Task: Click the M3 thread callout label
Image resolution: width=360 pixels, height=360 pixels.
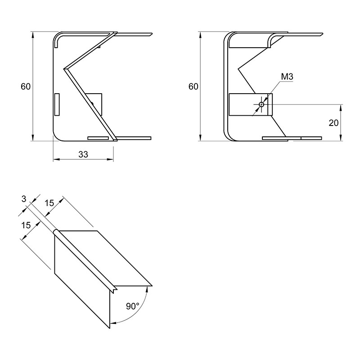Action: point(287,76)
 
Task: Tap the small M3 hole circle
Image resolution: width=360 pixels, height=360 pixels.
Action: point(261,105)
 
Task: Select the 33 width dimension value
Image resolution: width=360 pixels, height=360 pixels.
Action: point(83,154)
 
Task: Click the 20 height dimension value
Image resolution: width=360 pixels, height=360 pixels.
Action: point(333,123)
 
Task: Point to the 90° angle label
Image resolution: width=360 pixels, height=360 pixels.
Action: point(132,306)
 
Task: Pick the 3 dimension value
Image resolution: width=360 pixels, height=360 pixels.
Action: point(24,199)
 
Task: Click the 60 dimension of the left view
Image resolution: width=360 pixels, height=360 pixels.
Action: point(26,86)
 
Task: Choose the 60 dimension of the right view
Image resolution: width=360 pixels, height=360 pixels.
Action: point(193,86)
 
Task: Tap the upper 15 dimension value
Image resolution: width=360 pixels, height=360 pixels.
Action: point(49,203)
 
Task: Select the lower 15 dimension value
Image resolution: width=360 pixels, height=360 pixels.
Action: point(26,225)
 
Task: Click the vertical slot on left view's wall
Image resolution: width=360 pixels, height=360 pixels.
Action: point(57,104)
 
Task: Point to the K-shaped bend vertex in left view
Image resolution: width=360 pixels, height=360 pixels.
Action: point(65,69)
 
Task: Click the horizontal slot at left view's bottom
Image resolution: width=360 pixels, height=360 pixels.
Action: point(98,138)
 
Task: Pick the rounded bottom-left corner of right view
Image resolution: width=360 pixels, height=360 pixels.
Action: point(230,135)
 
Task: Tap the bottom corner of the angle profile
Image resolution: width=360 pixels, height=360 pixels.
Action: point(110,328)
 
